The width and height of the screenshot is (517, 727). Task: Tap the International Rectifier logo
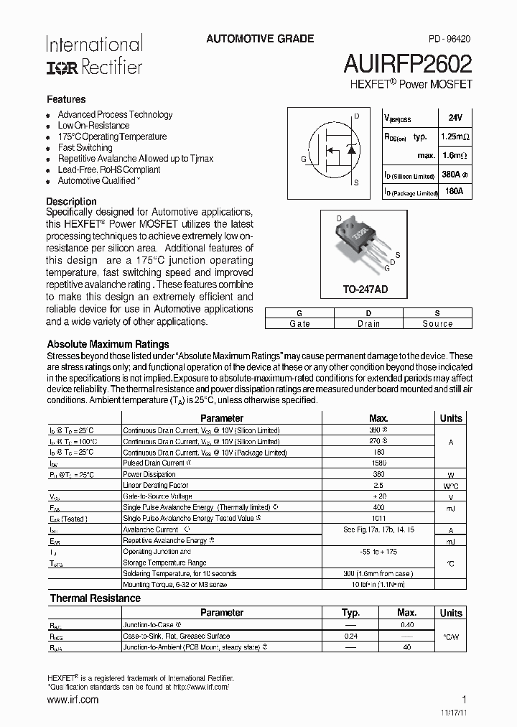click(x=94, y=55)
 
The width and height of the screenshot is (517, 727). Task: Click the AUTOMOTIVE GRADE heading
click(x=260, y=39)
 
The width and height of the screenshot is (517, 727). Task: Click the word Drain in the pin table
click(x=368, y=324)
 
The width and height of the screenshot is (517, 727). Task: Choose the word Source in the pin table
click(x=437, y=324)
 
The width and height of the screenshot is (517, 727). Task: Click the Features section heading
click(x=66, y=100)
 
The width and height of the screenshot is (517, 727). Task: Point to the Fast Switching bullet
click(x=85, y=148)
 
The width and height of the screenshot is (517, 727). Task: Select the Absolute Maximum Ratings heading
click(x=108, y=344)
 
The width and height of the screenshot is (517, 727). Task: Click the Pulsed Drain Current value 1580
click(x=378, y=463)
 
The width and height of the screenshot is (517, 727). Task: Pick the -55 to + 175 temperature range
click(x=378, y=552)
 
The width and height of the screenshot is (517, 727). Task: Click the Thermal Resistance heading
click(x=95, y=598)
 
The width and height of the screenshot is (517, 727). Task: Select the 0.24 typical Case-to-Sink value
click(x=351, y=636)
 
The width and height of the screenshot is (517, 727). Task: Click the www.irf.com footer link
click(x=72, y=700)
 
